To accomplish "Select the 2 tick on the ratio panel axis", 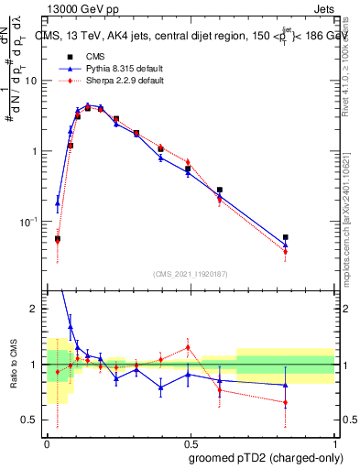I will pos(34,309).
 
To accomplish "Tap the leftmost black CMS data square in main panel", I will pos(58,239).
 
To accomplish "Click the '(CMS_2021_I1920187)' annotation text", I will pos(190,273).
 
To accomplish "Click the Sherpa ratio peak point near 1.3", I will pos(188,347).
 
